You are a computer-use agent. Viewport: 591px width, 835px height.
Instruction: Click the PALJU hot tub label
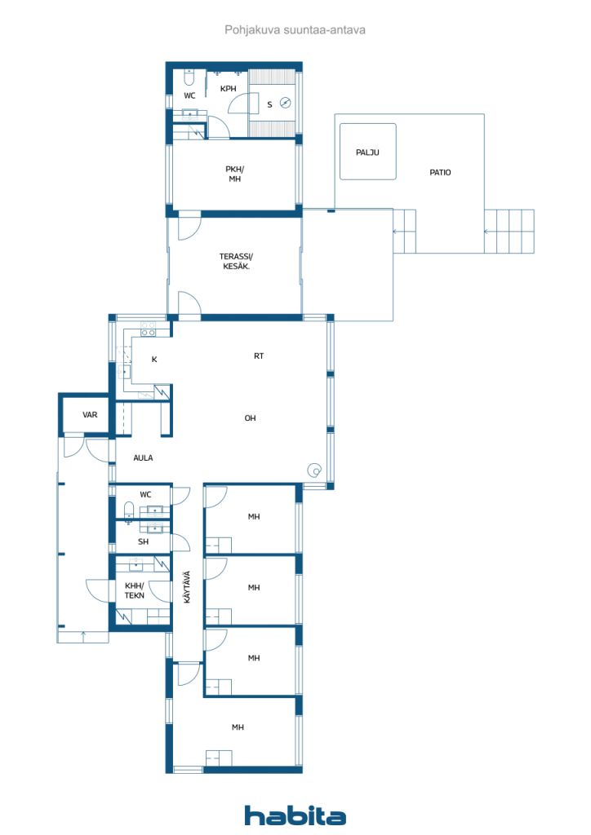coord(367,152)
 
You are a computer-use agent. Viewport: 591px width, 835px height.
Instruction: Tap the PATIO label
coord(440,173)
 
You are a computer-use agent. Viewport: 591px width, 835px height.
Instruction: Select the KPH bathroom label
coord(228,89)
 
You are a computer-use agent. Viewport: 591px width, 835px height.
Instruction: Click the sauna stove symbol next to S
coord(286,103)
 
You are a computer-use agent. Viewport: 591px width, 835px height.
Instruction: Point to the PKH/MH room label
coord(234,175)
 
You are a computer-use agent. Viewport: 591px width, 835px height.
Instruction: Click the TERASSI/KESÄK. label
coord(236,262)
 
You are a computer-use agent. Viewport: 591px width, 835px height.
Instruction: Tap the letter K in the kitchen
coord(154,360)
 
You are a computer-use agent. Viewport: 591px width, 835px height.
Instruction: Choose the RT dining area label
coord(259,356)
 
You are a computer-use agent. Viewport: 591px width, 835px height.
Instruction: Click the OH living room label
coord(250,418)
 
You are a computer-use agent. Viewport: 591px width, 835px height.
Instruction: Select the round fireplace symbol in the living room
coord(315,471)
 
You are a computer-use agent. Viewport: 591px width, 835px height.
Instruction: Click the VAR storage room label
coord(90,414)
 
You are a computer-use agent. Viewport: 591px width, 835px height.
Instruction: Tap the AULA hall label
coord(143,457)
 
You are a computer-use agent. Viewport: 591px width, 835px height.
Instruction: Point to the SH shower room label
coord(144,541)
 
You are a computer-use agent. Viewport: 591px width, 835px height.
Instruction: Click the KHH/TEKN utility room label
coord(135,590)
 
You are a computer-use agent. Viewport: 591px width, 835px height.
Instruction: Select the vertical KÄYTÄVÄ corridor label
coord(187,587)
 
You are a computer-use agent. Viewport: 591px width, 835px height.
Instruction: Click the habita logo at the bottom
coord(295,815)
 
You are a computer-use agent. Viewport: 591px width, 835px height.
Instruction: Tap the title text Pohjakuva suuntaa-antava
coord(295,30)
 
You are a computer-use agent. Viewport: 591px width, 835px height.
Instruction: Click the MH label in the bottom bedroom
coord(238,727)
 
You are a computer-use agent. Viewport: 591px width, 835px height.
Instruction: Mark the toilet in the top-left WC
coord(188,78)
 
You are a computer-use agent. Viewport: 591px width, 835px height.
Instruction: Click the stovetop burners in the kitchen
coord(148,329)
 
